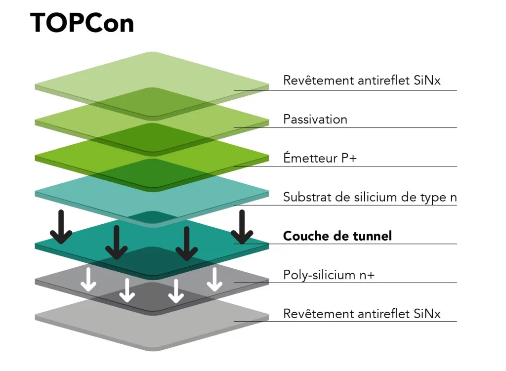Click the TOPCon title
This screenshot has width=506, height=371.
[82, 23]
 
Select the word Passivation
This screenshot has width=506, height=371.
[315, 119]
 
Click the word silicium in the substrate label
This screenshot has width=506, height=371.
[371, 197]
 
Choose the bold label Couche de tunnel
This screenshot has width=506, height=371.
[337, 236]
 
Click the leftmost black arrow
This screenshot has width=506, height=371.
[61, 227]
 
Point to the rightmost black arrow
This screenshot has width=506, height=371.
[242, 227]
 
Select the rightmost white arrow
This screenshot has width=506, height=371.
[214, 280]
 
